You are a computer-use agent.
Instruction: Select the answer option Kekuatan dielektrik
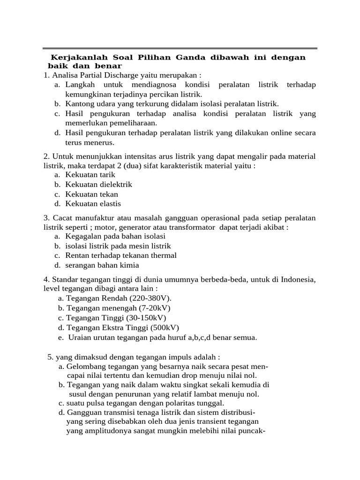click(98, 185)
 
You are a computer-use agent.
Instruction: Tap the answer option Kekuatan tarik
click(90, 175)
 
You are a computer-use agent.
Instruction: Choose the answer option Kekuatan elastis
click(93, 203)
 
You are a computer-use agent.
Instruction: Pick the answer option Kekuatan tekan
click(91, 194)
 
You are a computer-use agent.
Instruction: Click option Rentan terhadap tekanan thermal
click(121, 255)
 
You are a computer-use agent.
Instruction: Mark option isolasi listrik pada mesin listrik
click(118, 246)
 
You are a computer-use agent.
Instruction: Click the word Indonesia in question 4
click(299, 280)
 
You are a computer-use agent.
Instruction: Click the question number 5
click(50, 357)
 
